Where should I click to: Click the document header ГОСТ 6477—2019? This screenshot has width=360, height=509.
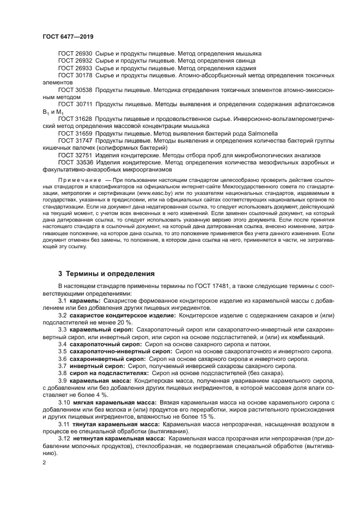point(65,36)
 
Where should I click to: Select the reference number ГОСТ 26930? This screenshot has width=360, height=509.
point(75,54)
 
